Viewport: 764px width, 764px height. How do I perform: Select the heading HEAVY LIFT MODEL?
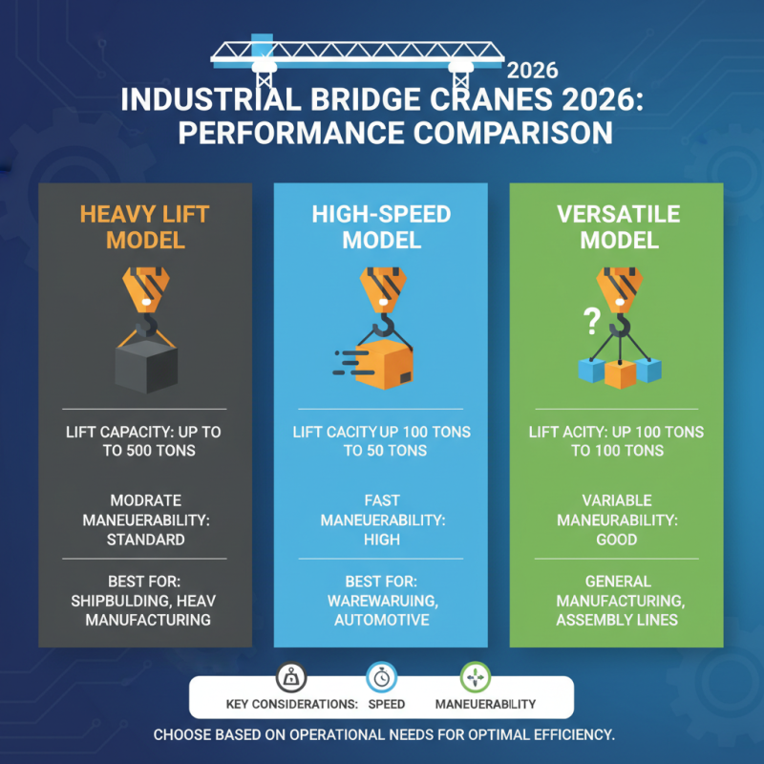145,226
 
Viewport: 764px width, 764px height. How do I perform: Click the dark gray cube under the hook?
145,364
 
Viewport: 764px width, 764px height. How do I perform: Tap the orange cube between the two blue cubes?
620,373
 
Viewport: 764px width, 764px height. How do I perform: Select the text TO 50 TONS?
385,450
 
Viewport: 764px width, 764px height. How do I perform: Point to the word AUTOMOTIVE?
381,620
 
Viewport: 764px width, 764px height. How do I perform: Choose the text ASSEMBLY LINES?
616,620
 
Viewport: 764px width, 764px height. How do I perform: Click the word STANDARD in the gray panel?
145,540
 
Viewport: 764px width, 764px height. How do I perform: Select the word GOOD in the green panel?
616,540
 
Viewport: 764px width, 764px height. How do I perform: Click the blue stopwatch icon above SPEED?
382,677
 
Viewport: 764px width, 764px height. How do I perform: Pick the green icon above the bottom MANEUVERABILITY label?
475,677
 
